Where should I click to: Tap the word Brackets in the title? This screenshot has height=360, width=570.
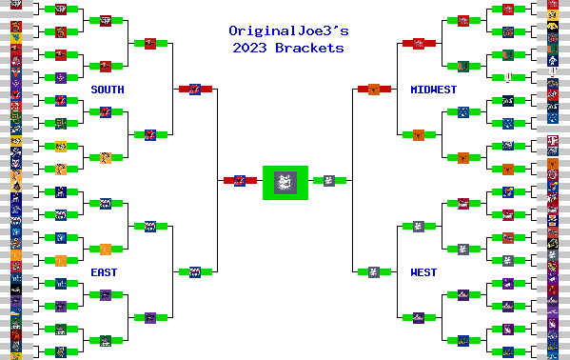312,48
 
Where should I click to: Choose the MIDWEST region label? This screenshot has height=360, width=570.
433,90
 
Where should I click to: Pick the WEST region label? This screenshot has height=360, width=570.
423,272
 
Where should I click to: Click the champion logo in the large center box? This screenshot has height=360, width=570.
285,181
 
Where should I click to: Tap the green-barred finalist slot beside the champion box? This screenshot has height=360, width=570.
329,180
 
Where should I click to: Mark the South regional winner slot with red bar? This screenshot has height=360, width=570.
194,89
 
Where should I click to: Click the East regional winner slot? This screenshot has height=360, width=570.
194,271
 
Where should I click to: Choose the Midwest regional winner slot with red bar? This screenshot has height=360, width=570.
374,89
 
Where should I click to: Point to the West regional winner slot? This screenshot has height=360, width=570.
374,271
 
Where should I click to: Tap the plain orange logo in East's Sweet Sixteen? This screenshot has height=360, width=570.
106,249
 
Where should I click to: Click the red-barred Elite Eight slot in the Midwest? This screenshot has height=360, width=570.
419,43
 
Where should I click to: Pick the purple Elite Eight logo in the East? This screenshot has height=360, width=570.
150,317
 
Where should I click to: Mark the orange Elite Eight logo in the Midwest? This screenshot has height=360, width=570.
419,134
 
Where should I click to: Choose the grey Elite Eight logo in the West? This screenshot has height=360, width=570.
419,226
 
